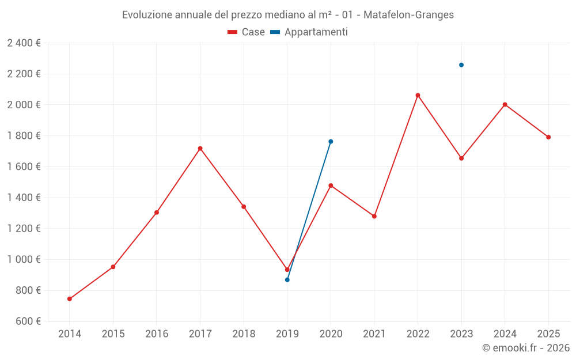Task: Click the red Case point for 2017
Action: point(200,149)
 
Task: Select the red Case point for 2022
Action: point(418,95)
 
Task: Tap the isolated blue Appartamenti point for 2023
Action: point(461,65)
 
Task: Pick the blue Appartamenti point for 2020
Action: point(331,141)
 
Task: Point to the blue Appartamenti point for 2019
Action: point(287,280)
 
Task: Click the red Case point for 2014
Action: point(70,299)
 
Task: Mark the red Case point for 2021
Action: point(374,216)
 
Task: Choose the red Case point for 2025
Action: point(548,137)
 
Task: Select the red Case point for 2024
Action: point(505,104)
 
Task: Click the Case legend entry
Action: point(247,32)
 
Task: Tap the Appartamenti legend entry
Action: point(309,32)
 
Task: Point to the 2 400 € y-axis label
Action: point(24,43)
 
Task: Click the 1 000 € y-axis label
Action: point(24,259)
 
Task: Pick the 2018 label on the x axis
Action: point(244,334)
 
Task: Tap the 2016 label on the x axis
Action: point(157,334)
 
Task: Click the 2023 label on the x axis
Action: point(461,334)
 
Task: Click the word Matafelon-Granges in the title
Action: point(408,15)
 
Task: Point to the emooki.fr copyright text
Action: point(526,348)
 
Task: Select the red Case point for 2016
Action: point(157,213)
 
